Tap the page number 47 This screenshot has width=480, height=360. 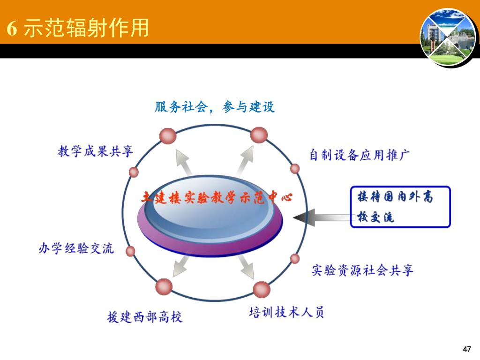pyautogui.click(x=466, y=349)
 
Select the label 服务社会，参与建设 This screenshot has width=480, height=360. pyautogui.click(x=214, y=107)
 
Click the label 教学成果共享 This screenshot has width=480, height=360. pyautogui.click(x=95, y=151)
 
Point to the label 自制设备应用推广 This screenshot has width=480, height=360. pyautogui.click(x=360, y=155)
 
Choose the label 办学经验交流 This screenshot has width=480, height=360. pyautogui.click(x=76, y=248)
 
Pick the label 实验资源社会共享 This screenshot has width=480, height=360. pyautogui.click(x=362, y=270)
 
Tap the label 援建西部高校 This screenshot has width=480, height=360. pyautogui.click(x=144, y=317)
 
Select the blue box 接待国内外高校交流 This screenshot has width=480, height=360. pyautogui.click(x=400, y=207)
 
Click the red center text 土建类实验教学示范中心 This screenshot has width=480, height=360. pyautogui.click(x=217, y=197)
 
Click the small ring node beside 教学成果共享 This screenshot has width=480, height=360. pyautogui.click(x=134, y=172)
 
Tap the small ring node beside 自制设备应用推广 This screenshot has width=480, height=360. pyautogui.click(x=295, y=168)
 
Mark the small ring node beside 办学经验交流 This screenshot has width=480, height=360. pyautogui.click(x=131, y=251)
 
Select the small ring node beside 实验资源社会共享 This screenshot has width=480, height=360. pyautogui.click(x=295, y=258)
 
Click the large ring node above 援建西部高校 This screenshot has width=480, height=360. pyautogui.click(x=164, y=286)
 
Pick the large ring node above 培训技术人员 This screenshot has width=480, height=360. pyautogui.click(x=262, y=289)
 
